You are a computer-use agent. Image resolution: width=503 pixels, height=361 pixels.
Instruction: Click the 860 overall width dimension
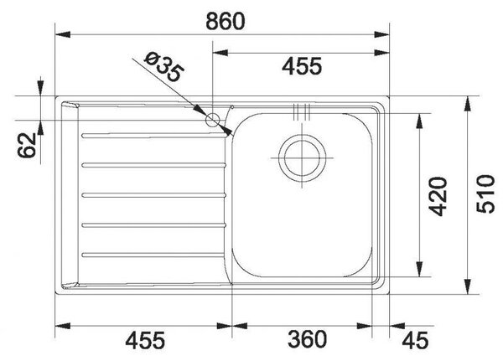click(226, 21)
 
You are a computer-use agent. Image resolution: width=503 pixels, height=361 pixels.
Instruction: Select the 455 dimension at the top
click(302, 66)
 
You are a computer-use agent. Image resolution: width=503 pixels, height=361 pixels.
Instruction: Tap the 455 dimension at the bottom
click(145, 340)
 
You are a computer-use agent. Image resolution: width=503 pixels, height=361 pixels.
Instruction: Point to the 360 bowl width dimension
click(307, 339)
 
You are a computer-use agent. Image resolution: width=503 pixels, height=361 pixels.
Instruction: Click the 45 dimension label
click(415, 340)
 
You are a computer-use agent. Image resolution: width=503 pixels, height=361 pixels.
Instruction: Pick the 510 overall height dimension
click(485, 194)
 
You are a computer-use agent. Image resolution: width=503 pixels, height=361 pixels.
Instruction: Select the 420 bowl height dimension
click(438, 196)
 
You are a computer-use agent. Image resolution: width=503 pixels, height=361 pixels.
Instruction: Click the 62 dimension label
click(27, 145)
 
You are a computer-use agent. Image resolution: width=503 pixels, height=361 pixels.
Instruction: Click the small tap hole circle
click(212, 121)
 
